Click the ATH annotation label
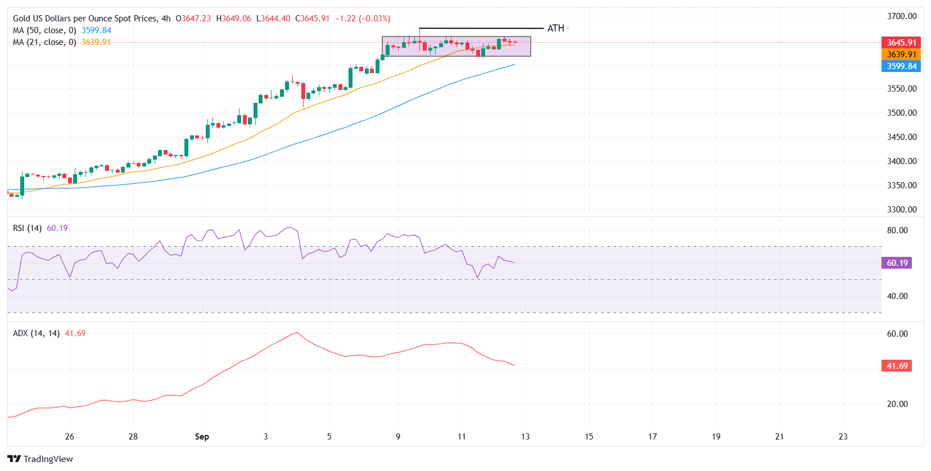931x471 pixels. coord(555,28)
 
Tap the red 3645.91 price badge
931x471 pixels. coord(901,43)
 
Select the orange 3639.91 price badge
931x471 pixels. coord(901,55)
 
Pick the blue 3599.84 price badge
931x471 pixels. coord(901,66)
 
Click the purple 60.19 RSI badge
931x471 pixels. coord(897,263)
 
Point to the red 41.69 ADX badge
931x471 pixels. coord(897,366)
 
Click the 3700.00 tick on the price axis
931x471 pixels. coord(901,16)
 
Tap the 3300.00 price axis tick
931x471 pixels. coord(901,210)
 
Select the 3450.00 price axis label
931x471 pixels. coord(901,137)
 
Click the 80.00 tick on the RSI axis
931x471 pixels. coord(897,230)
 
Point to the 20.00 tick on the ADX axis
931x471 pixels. coord(897,404)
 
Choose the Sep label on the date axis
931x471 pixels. coord(202,437)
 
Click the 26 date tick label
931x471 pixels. coord(70,437)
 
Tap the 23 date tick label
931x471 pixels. coord(843,437)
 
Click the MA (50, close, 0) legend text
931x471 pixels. coord(44,30)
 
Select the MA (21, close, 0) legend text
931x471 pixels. coord(44,42)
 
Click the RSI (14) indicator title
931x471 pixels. coord(27,228)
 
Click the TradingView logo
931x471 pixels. coord(40,459)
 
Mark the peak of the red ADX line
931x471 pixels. coord(296,333)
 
